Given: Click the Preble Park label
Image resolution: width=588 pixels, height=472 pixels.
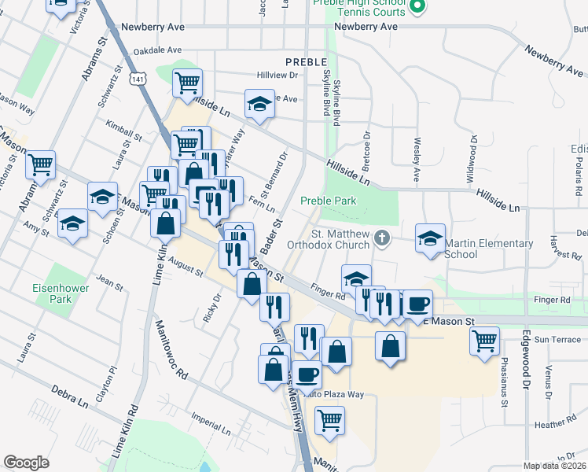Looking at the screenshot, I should click(328, 201).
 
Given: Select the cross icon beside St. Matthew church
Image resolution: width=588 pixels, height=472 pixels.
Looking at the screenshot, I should click(382, 238).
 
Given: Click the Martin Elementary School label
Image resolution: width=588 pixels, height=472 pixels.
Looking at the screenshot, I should click(483, 249).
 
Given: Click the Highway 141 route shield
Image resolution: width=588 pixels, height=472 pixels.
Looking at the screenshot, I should click(138, 79).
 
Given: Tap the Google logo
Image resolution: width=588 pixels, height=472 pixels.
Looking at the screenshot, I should click(26, 463).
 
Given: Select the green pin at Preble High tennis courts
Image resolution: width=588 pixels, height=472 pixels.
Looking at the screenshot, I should click(417, 8).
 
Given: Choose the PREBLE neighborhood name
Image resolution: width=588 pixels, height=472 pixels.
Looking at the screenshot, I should click(305, 61).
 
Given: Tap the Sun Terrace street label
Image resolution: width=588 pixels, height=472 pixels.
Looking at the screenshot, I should click(557, 340).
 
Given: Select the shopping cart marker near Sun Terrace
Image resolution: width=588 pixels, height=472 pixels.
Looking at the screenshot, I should click(484, 341).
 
